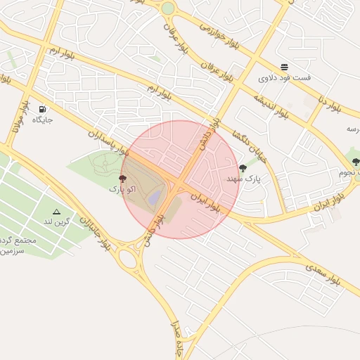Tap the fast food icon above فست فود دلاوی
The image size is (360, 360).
[284, 67]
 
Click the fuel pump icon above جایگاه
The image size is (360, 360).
[43, 109]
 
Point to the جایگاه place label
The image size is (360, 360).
[42, 120]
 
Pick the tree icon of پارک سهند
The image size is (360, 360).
[243, 168]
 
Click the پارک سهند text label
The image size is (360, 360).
[243, 179]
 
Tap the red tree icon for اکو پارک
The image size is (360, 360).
[123, 179]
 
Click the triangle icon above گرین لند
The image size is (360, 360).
[56, 211]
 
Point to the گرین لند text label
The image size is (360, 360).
[57, 222]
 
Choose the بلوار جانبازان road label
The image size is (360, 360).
[95, 232]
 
